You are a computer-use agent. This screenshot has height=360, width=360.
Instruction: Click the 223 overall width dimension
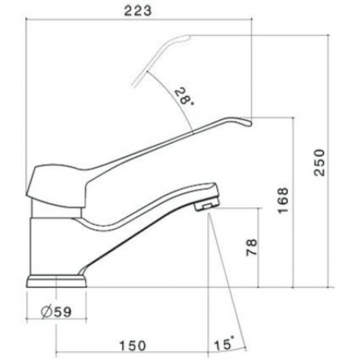(x=138, y=11)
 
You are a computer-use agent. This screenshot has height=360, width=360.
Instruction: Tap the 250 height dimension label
(x=320, y=162)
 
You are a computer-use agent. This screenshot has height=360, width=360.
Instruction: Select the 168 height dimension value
(x=283, y=201)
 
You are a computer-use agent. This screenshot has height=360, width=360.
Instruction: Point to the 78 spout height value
(x=251, y=248)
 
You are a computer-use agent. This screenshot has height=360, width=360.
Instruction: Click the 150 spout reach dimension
(x=132, y=345)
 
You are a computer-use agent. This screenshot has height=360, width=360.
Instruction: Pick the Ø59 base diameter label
(x=57, y=312)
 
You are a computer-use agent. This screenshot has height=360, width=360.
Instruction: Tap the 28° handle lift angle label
(x=184, y=96)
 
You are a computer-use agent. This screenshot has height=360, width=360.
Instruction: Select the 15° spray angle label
(x=224, y=343)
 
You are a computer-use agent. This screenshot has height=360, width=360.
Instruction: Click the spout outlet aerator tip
(x=206, y=204)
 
